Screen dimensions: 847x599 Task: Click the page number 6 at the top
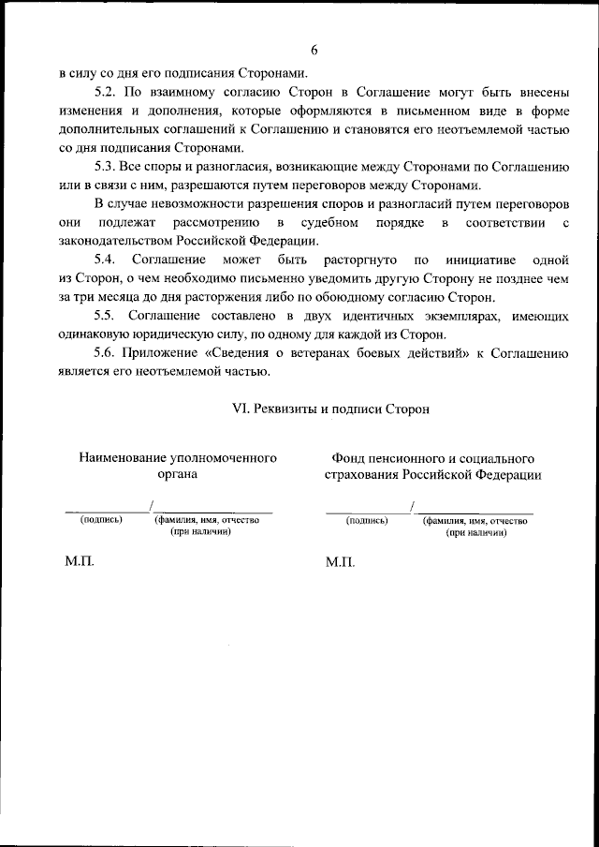(315, 50)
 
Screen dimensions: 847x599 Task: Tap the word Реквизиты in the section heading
(286, 409)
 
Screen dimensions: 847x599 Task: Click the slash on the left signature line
(151, 507)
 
